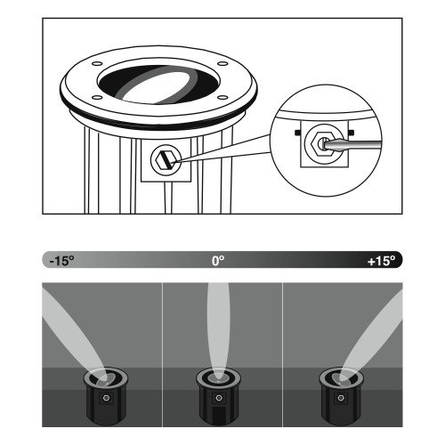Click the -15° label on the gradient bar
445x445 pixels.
coord(61,262)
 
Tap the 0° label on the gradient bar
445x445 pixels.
coord(218,262)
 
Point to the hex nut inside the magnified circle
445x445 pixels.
coord(316,144)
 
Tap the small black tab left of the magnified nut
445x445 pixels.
coord(293,133)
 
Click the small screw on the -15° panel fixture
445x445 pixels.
coord(105,399)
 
